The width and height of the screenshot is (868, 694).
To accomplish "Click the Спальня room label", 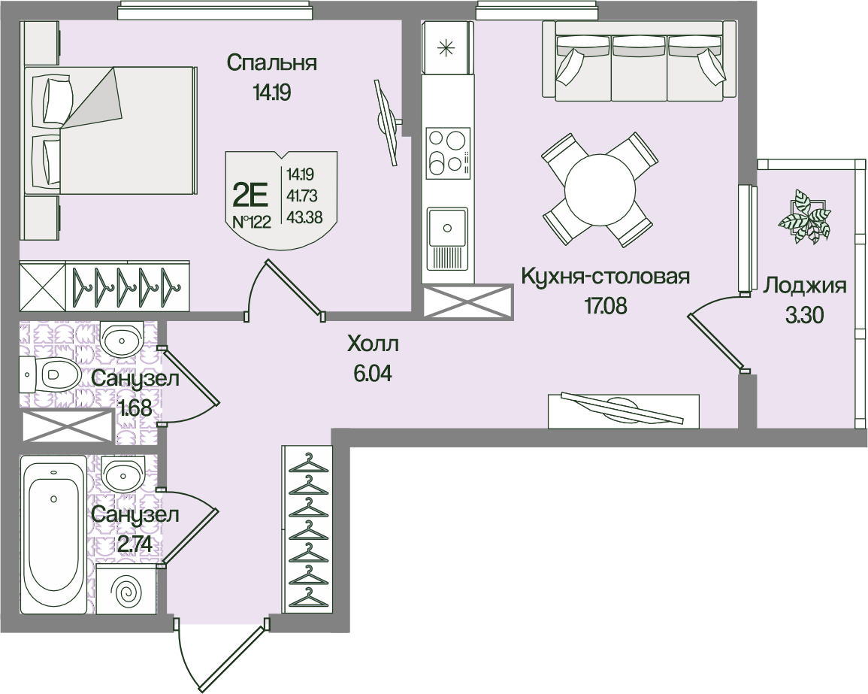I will tap(271, 63).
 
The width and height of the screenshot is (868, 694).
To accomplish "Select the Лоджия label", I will tap(805, 286).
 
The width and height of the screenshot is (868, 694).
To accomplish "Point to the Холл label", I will tap(373, 345).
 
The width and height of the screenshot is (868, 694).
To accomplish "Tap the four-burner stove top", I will tap(448, 153).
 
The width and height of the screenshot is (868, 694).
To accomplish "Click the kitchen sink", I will tap(448, 228).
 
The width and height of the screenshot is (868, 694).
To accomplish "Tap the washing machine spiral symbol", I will tap(126, 592).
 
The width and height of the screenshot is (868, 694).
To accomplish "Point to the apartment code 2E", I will tap(251, 196).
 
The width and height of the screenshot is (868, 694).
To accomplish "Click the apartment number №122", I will tap(251, 222).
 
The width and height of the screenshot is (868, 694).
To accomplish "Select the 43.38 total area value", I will tap(302, 217).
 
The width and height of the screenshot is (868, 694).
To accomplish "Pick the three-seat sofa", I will tap(640, 60).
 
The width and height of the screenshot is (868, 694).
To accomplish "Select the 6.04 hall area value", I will tap(373, 372).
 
